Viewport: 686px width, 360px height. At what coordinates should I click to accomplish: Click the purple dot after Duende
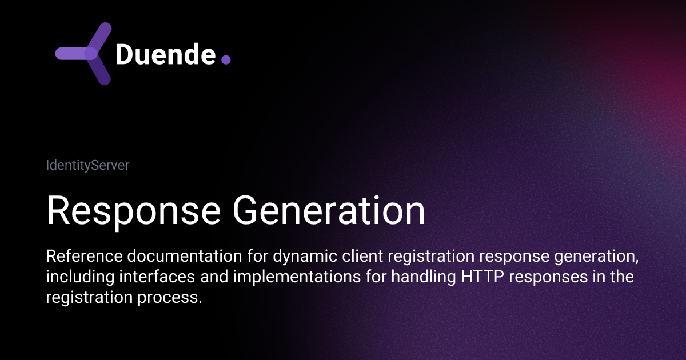[225, 59]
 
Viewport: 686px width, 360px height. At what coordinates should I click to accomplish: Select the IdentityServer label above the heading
[87, 166]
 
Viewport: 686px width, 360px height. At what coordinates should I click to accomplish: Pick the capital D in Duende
[125, 55]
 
